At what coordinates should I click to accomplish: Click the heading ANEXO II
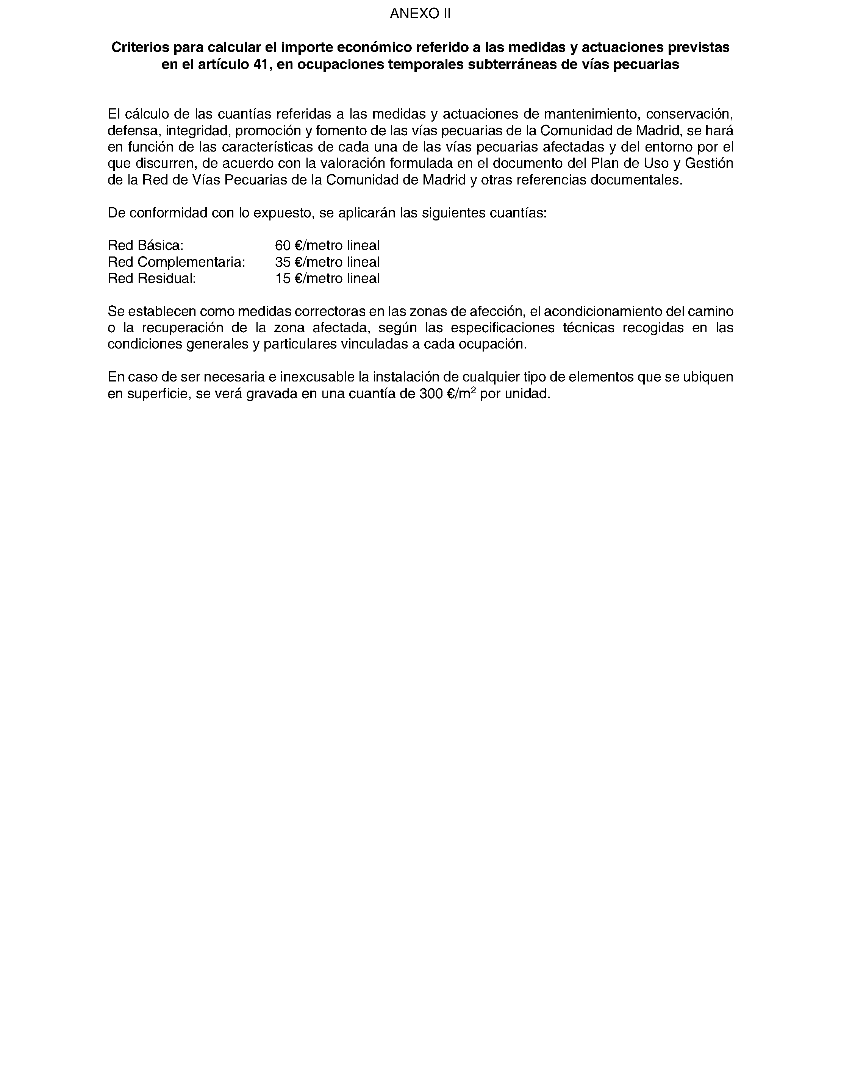[x=420, y=14]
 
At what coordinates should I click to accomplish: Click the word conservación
[x=689, y=114]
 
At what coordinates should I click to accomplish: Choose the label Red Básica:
[x=145, y=245]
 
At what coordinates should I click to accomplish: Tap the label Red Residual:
[x=152, y=278]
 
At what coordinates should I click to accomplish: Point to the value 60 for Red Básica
[x=283, y=245]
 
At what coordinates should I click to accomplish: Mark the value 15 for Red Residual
[x=283, y=278]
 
